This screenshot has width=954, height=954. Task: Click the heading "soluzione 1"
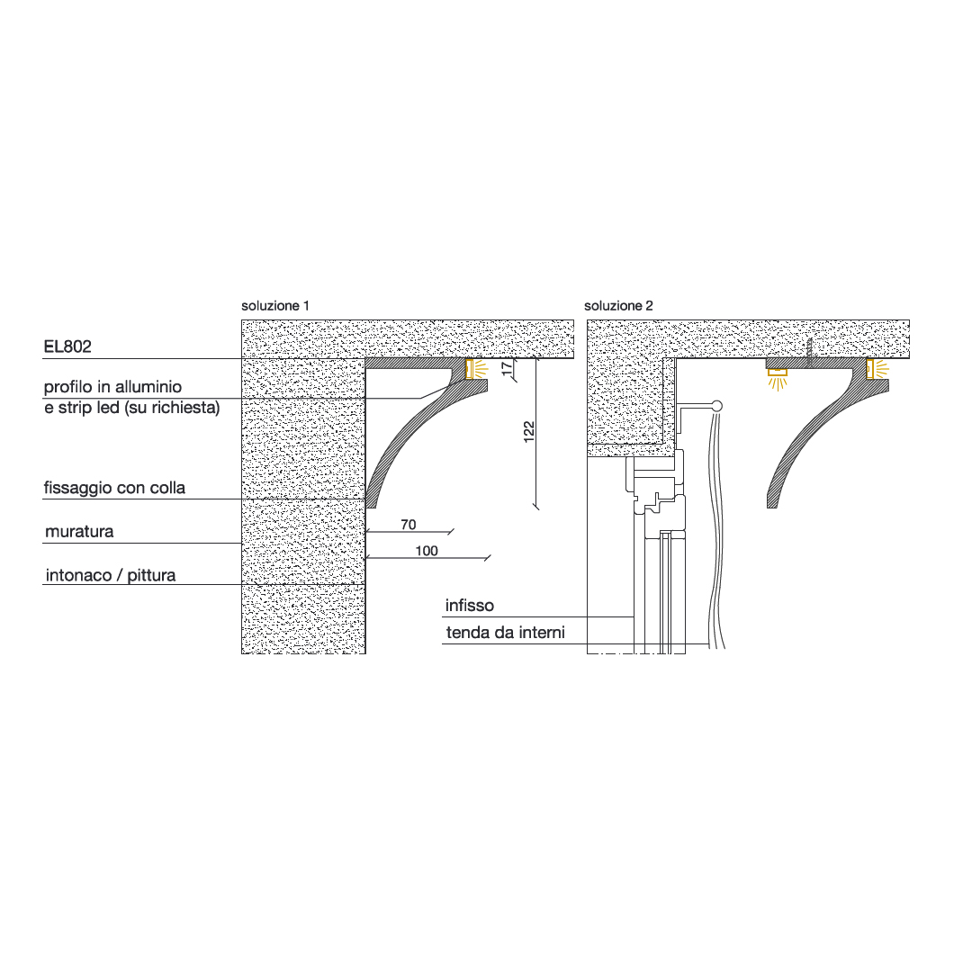click(275, 306)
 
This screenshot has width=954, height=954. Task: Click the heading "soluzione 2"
click(618, 306)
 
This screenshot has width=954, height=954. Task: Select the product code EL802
click(67, 346)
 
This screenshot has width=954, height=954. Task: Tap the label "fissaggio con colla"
click(114, 488)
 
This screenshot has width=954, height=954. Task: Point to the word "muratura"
click(79, 532)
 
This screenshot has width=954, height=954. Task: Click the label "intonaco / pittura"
click(110, 574)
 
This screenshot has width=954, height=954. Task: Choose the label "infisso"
click(469, 606)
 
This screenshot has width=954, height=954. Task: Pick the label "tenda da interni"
click(505, 633)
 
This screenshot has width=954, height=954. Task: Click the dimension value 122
click(529, 431)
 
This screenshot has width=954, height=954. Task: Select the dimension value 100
click(427, 551)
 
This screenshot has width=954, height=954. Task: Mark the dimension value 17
click(506, 369)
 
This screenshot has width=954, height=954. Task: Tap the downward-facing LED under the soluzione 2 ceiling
click(777, 371)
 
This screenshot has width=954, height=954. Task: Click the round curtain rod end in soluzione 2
click(716, 405)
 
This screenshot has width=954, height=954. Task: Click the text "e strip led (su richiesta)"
click(131, 408)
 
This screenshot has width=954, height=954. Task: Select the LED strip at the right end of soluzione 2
click(870, 368)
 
